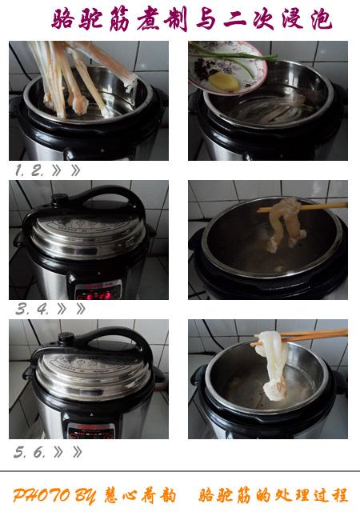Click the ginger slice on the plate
[225, 81]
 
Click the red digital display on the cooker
[98, 295]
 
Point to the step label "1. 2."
[29, 170]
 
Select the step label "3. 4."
[33, 309]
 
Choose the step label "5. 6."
[30, 452]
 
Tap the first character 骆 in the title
[63, 19]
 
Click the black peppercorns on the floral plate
[203, 69]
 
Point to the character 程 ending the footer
[338, 495]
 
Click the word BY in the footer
[86, 496]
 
